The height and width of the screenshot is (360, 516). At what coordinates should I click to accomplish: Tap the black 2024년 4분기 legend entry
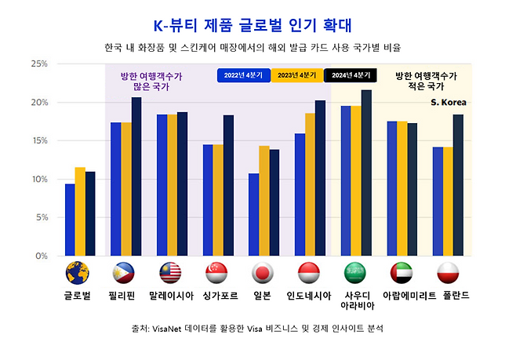point(351,75)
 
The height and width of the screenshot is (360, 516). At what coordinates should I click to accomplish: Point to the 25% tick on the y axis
point(38,64)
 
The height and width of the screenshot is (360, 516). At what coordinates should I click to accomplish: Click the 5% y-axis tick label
point(41,217)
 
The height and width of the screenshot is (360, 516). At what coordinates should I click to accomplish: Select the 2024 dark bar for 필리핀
point(136,176)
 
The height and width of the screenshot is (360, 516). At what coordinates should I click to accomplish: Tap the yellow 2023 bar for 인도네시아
point(310,184)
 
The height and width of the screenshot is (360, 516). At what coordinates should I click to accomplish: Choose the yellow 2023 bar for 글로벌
point(79,211)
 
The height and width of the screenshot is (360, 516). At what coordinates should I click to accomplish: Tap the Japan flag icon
point(263,273)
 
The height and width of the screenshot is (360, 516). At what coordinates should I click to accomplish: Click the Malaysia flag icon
point(171,273)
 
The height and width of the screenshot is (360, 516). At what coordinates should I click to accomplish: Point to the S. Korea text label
point(449,101)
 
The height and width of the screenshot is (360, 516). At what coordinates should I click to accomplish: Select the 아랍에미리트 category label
point(402,296)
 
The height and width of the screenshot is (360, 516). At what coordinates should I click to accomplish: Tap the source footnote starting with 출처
point(258,329)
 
